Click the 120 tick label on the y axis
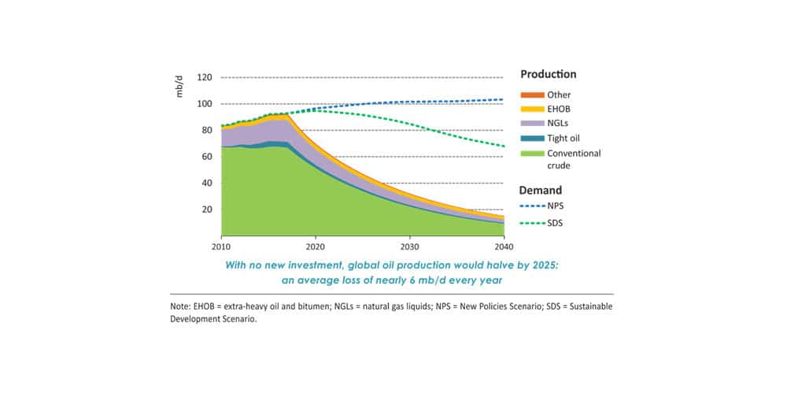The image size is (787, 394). coord(205,77)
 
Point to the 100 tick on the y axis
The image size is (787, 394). coord(205,104)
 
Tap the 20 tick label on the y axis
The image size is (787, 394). coord(207,210)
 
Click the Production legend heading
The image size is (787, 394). coord(549,75)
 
